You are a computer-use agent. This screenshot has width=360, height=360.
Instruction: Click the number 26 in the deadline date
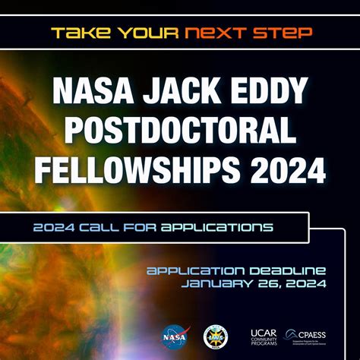pyautogui.click(x=282, y=284)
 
